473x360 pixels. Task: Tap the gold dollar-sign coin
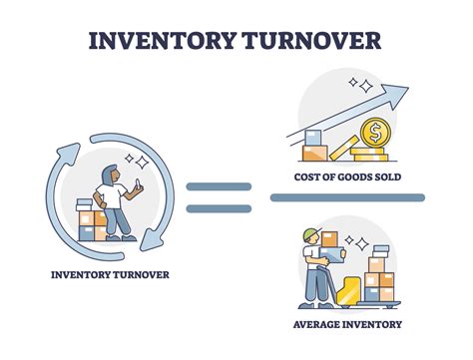(376, 134)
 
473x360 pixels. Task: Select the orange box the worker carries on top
(329, 239)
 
